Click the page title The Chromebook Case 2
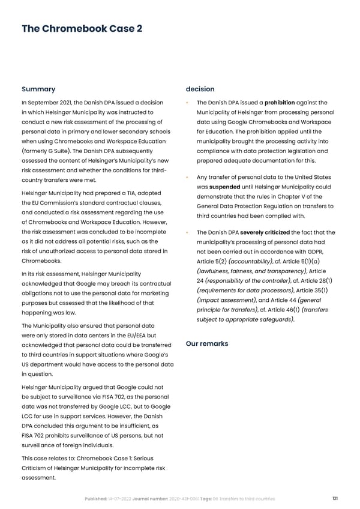click(82, 29)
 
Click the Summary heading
click(38, 89)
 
